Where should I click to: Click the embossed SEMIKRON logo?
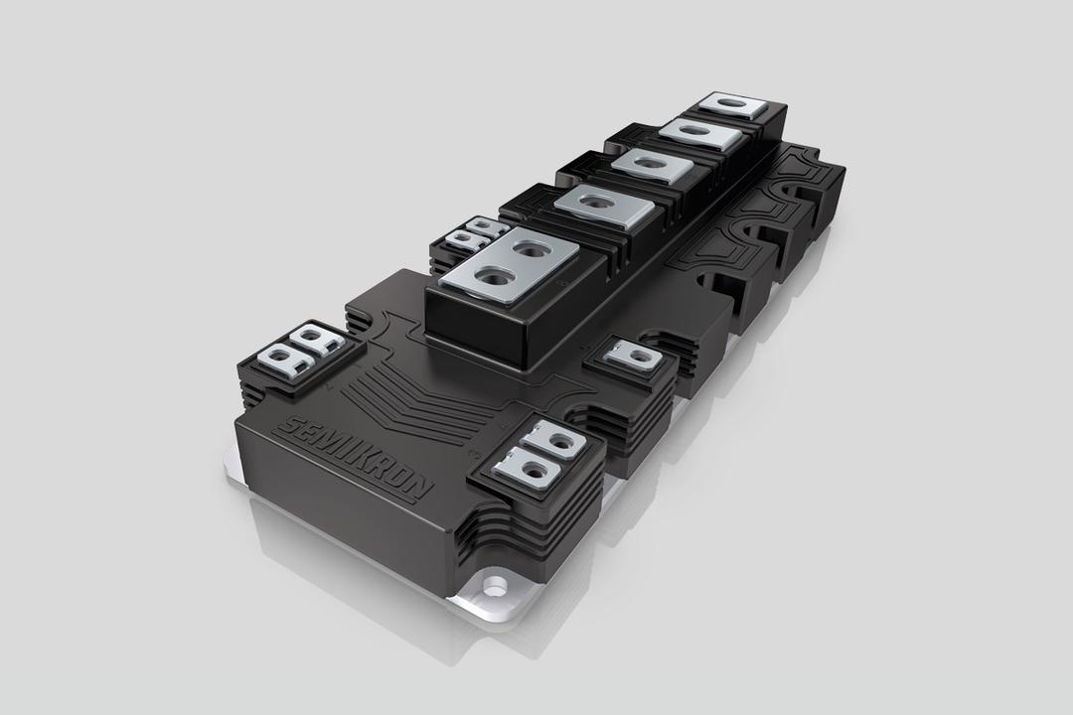[356, 458]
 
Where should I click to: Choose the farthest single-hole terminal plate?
[732, 105]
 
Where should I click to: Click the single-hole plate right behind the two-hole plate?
[604, 207]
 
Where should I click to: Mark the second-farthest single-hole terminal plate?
[700, 133]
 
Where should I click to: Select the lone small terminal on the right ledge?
[633, 357]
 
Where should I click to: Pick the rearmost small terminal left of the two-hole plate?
[487, 227]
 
